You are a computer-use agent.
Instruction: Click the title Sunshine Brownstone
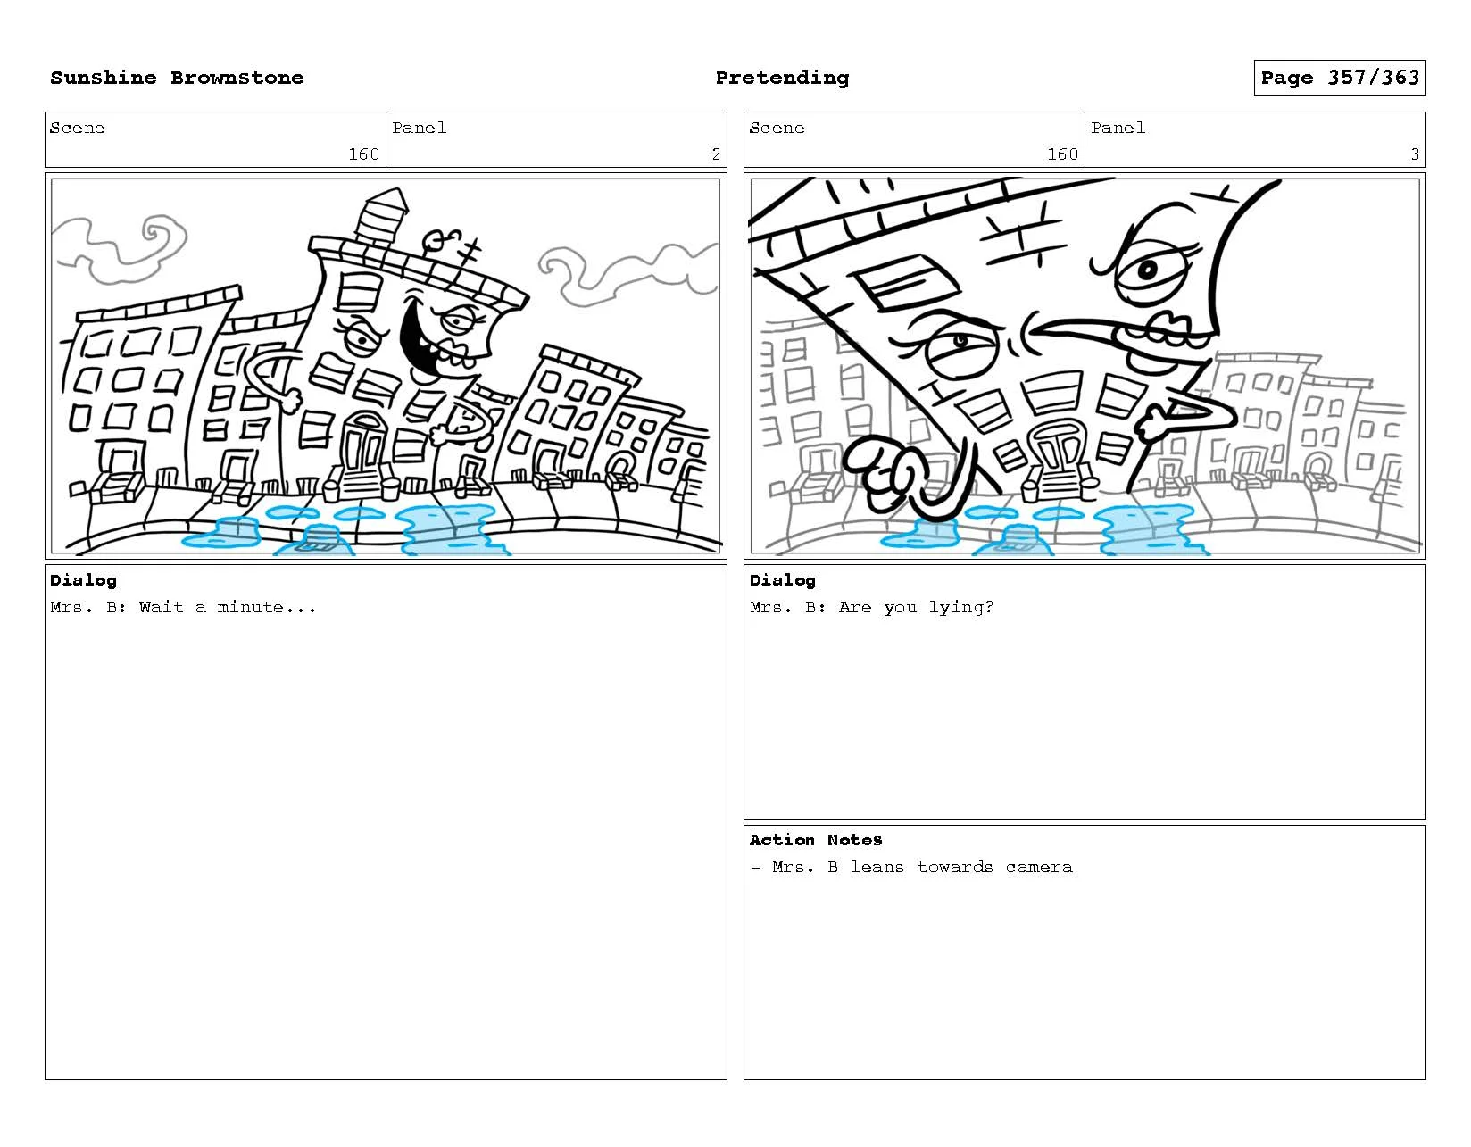[177, 78]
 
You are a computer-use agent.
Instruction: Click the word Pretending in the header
[782, 78]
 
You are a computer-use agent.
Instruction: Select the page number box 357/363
[1339, 78]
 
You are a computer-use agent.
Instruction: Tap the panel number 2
[716, 154]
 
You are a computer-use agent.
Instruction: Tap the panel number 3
[1414, 154]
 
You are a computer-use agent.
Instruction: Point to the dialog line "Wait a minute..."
[228, 607]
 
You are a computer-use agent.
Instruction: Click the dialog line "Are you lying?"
[916, 607]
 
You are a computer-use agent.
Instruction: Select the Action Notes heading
[815, 840]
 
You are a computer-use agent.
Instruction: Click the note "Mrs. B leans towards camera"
[922, 867]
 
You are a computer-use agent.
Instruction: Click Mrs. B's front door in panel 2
[363, 444]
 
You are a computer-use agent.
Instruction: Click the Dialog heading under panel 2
[83, 580]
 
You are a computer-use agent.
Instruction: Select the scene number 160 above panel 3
[1062, 154]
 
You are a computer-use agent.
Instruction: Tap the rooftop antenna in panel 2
[469, 257]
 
